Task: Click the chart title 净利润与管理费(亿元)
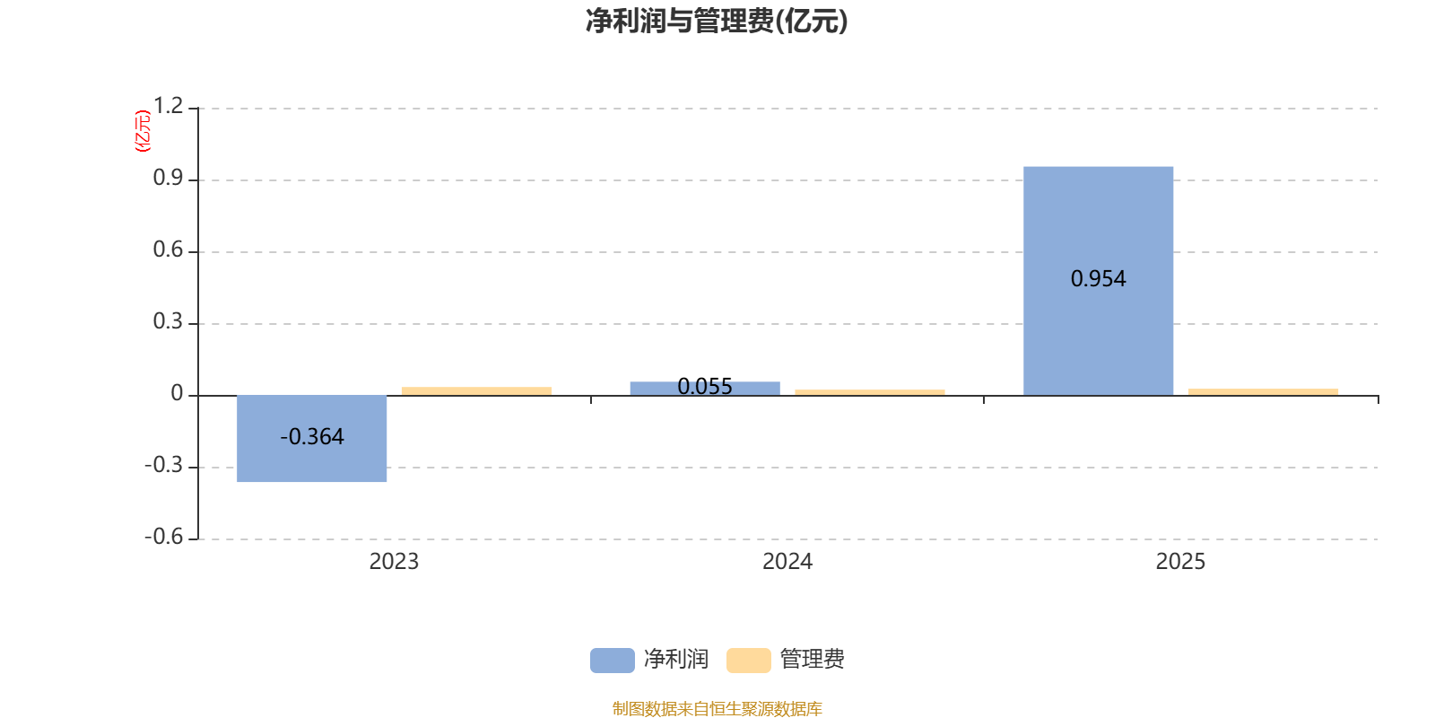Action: [x=717, y=22]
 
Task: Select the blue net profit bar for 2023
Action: [x=311, y=439]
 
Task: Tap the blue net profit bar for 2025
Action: [x=1098, y=280]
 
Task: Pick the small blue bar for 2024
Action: [x=704, y=388]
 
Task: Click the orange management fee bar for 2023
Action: [x=476, y=390]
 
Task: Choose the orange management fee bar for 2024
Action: [x=869, y=391]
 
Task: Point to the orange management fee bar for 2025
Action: [x=1263, y=391]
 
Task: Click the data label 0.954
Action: [x=1098, y=279]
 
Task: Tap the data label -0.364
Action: [x=311, y=437]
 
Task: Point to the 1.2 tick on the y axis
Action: [x=168, y=106]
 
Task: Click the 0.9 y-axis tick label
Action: [x=168, y=178]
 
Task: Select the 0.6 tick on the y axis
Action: [x=168, y=250]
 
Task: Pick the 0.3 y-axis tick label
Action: [x=168, y=321]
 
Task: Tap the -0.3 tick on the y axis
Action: [x=163, y=465]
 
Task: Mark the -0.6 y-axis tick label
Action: [x=163, y=537]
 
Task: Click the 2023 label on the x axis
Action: [x=394, y=562]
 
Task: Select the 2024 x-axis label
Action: [x=787, y=562]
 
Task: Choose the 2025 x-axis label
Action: [x=1180, y=562]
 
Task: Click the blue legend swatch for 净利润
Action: [x=612, y=660]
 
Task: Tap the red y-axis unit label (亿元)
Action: [x=143, y=131]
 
